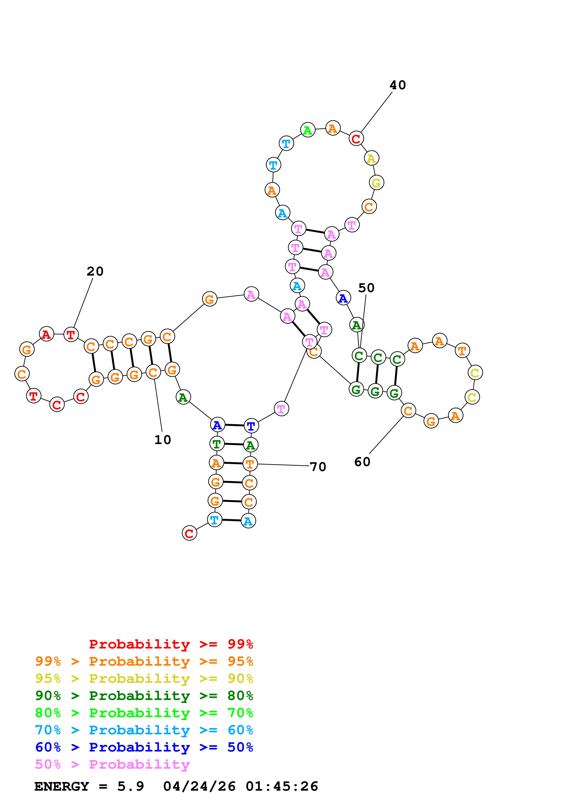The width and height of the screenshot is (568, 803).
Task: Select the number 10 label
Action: tap(163, 440)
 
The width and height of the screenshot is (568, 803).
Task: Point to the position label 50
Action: tap(366, 288)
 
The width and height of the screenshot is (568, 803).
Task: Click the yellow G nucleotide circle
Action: tap(376, 183)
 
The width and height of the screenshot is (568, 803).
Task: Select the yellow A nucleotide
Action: tap(371, 158)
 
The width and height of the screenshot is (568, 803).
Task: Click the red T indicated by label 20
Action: tap(71, 334)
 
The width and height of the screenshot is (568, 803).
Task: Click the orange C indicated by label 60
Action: tap(408, 411)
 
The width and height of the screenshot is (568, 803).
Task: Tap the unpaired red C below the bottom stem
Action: tap(189, 533)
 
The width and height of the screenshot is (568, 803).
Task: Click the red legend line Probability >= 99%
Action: tap(171, 644)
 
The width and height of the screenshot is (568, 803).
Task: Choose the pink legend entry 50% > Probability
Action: tap(112, 764)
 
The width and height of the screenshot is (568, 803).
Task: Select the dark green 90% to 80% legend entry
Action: tap(144, 696)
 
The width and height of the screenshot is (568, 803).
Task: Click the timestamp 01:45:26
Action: tap(282, 787)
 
